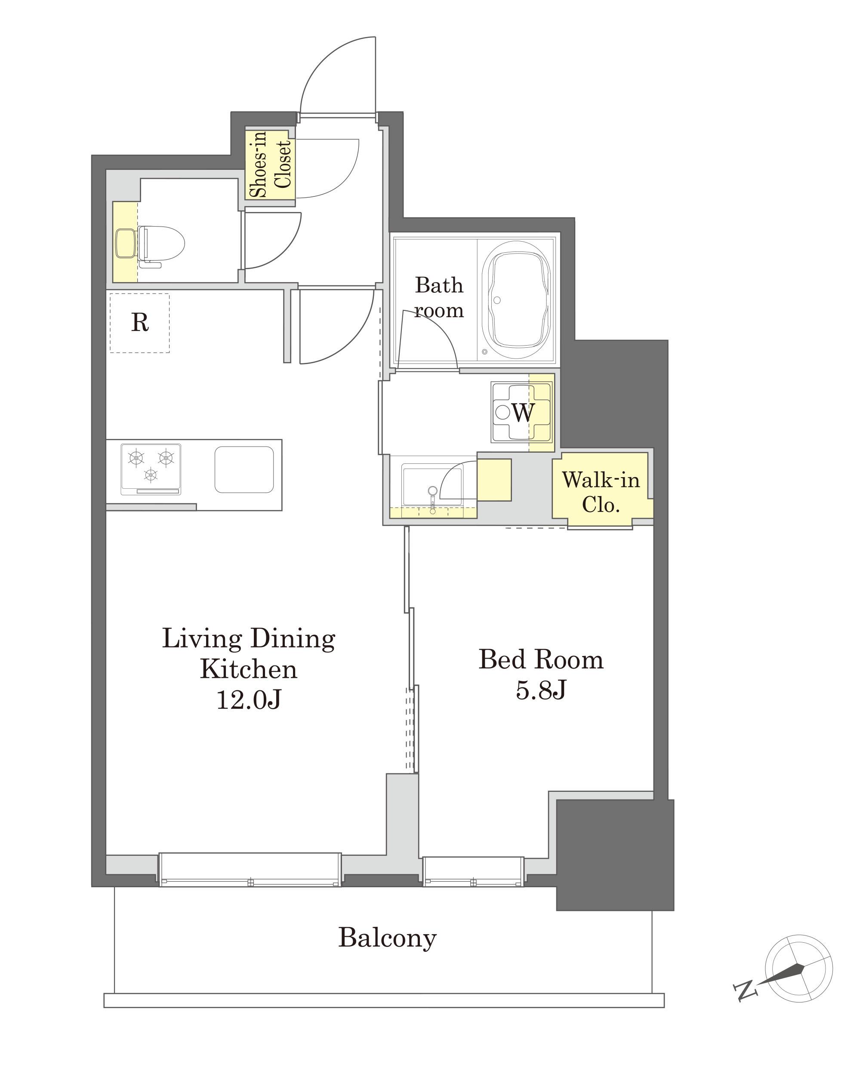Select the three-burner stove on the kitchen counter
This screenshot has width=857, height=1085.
pyautogui.click(x=151, y=469)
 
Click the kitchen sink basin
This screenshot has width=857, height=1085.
pyautogui.click(x=244, y=469)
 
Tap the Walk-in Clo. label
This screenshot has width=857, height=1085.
pyautogui.click(x=601, y=492)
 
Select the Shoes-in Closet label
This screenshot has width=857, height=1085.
pyautogui.click(x=270, y=164)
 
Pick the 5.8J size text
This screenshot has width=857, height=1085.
pyautogui.click(x=541, y=690)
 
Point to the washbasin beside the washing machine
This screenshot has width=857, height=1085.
pyautogui.click(x=432, y=485)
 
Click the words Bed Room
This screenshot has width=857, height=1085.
pyautogui.click(x=541, y=659)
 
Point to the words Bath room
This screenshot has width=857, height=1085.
pyautogui.click(x=439, y=297)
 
